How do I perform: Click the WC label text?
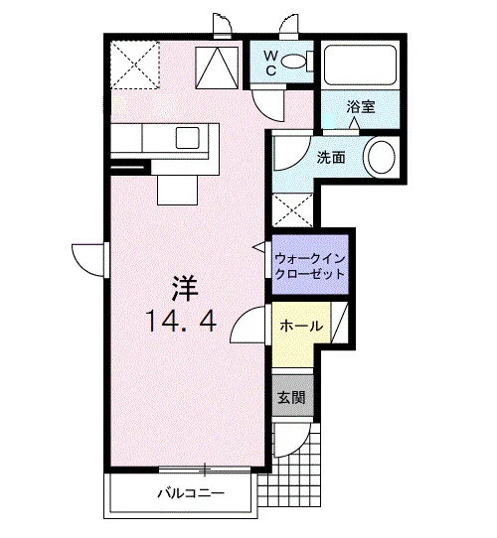tap(270, 63)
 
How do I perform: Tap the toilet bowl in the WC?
tap(293, 62)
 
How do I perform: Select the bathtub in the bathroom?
tap(360, 66)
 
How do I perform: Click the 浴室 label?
tap(361, 107)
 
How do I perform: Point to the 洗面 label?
tap(331, 157)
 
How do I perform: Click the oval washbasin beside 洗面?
tap(382, 157)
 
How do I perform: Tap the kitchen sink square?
tap(187, 138)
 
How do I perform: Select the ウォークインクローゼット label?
tap(310, 266)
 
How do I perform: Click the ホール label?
tap(301, 326)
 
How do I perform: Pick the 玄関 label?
tap(291, 397)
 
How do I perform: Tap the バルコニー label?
tap(191, 493)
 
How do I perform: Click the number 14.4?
tap(181, 321)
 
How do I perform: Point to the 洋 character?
tap(185, 289)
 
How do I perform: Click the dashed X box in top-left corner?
tap(136, 65)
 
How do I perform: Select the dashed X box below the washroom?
tap(292, 209)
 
